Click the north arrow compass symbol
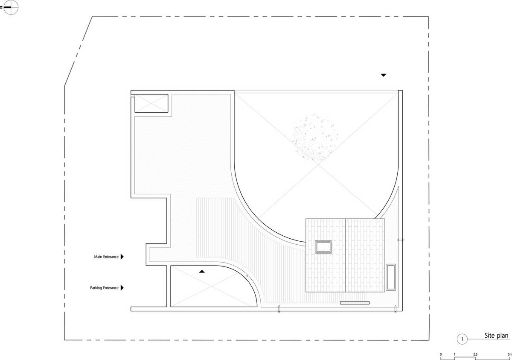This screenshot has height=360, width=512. pyautogui.click(x=10, y=8)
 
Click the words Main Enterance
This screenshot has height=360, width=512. pyautogui.click(x=106, y=257)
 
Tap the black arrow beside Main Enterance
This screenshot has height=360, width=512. pyautogui.click(x=122, y=257)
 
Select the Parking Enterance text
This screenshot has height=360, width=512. pyautogui.click(x=104, y=288)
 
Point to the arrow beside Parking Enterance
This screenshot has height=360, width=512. pyautogui.click(x=122, y=287)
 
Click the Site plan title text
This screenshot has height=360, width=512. pyautogui.click(x=496, y=336)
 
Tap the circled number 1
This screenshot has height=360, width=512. pyautogui.click(x=462, y=339)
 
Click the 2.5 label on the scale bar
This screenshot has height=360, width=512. pyautogui.click(x=475, y=354)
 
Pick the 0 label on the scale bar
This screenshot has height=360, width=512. pyautogui.click(x=441, y=354)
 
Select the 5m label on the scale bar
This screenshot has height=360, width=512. pyautogui.click(x=510, y=354)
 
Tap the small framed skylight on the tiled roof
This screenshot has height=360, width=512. pyautogui.click(x=323, y=247)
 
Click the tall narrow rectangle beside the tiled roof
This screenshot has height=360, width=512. pyautogui.click(x=391, y=277)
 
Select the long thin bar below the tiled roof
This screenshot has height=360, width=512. pyautogui.click(x=355, y=303)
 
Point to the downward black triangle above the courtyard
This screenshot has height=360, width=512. pyautogui.click(x=383, y=75)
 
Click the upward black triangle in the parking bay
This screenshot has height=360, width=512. pyautogui.click(x=202, y=272)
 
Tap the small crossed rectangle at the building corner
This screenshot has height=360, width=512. pyautogui.click(x=151, y=103)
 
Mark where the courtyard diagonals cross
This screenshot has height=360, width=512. pyautogui.click(x=318, y=164)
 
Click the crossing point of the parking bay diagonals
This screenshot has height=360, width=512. pyautogui.click(x=212, y=286)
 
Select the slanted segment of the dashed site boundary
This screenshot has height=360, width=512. pyautogui.click(x=79, y=51)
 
